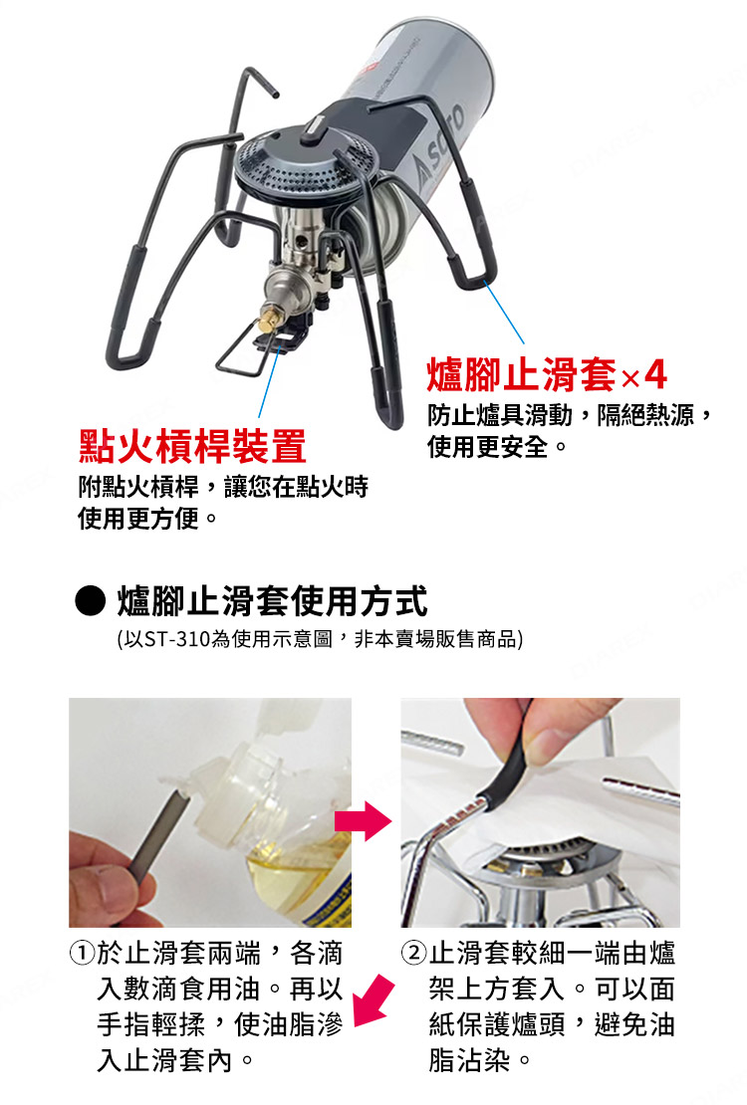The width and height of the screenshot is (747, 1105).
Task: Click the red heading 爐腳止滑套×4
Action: coord(547,375)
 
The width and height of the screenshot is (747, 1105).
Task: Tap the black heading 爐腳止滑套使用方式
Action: coord(272,601)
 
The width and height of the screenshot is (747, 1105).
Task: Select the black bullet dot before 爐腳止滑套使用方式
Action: coord(91,601)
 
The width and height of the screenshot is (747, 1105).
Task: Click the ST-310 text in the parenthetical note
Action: coord(176,638)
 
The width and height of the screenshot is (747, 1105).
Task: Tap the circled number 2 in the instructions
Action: coord(413,954)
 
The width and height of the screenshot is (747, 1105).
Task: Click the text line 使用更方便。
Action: coord(149,519)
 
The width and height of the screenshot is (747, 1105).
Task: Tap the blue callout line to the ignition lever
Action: coord(265,383)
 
